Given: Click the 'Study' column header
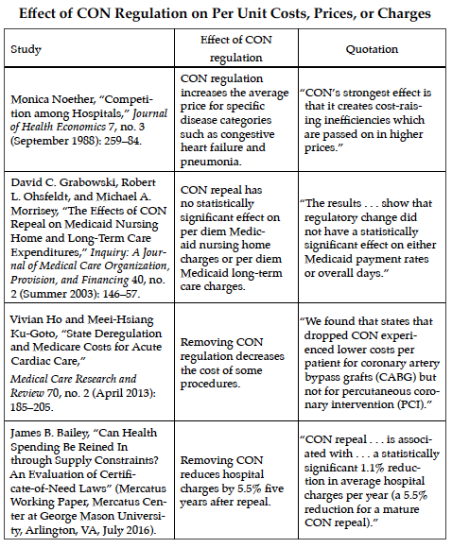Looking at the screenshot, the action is click(26, 49).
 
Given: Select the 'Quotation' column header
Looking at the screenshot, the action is click(372, 49).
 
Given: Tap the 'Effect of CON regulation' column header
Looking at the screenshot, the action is click(236, 48).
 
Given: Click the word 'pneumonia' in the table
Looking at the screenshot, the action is click(210, 162).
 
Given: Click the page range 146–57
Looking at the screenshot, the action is click(121, 294).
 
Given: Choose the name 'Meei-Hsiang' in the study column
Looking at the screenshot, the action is click(120, 319).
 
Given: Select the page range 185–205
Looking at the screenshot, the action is click(31, 407).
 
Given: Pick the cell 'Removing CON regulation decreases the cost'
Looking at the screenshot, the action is click(233, 363).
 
